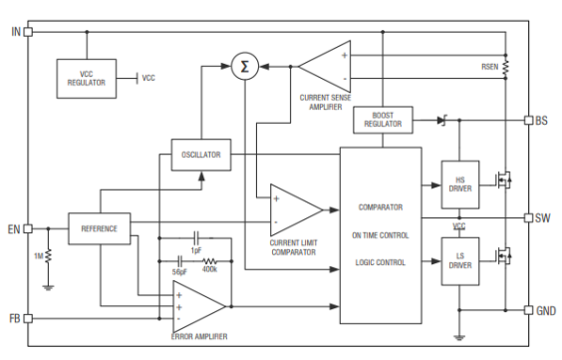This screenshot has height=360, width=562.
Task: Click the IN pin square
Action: [28, 32]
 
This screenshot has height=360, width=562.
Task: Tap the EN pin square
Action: [28, 228]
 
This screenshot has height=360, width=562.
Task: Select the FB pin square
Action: [28, 318]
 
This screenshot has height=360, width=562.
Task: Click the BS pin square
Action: [529, 120]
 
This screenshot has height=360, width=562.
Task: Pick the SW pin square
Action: [529, 217]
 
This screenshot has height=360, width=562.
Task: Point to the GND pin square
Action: [529, 310]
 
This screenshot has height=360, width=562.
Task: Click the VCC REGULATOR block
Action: [87, 79]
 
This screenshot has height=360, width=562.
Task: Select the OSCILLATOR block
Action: [201, 155]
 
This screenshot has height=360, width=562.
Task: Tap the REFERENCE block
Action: [100, 228]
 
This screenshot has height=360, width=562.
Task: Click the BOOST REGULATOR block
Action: [383, 120]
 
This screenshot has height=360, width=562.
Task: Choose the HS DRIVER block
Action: [460, 184]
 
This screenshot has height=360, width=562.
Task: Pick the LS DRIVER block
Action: [460, 261]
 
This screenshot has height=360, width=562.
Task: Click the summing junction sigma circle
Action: [245, 67]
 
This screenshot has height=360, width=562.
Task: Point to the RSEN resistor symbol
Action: [505, 67]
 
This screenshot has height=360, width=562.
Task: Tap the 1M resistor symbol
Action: [49, 255]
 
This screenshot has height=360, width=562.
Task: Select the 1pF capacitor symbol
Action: [196, 237]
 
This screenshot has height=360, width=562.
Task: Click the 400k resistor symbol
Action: [209, 261]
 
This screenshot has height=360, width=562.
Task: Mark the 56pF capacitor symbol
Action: [180, 261]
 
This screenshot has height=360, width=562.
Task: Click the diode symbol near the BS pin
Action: [442, 121]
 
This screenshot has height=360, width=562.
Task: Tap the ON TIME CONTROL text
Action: [381, 235]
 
